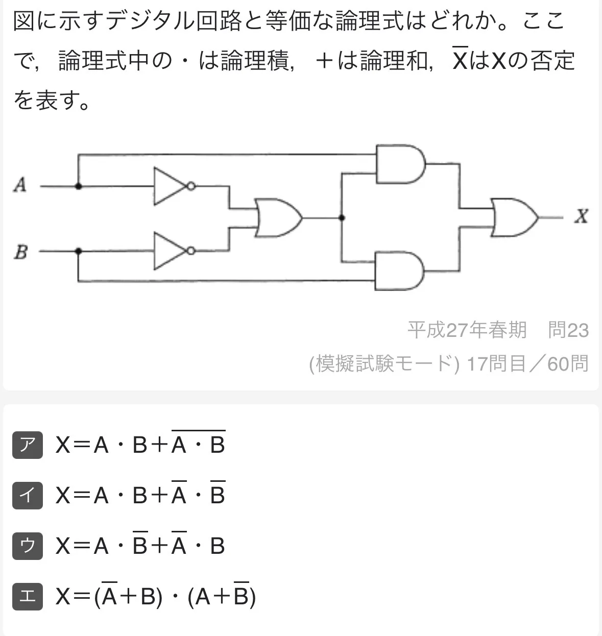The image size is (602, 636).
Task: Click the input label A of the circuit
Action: (x=19, y=185)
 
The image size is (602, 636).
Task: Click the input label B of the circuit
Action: (x=20, y=252)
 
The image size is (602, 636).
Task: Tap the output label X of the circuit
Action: (x=581, y=216)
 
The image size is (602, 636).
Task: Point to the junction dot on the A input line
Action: (x=78, y=187)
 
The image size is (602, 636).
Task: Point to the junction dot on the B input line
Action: (x=78, y=251)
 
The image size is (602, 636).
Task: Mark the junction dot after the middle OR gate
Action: (x=342, y=218)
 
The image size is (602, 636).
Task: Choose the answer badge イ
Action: (x=28, y=495)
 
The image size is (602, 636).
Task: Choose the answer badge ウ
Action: (x=28, y=546)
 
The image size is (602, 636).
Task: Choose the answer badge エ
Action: (x=28, y=596)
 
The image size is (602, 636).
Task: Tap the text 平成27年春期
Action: (x=467, y=330)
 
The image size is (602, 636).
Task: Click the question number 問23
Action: (x=568, y=330)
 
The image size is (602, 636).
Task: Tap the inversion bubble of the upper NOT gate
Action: (x=191, y=187)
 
